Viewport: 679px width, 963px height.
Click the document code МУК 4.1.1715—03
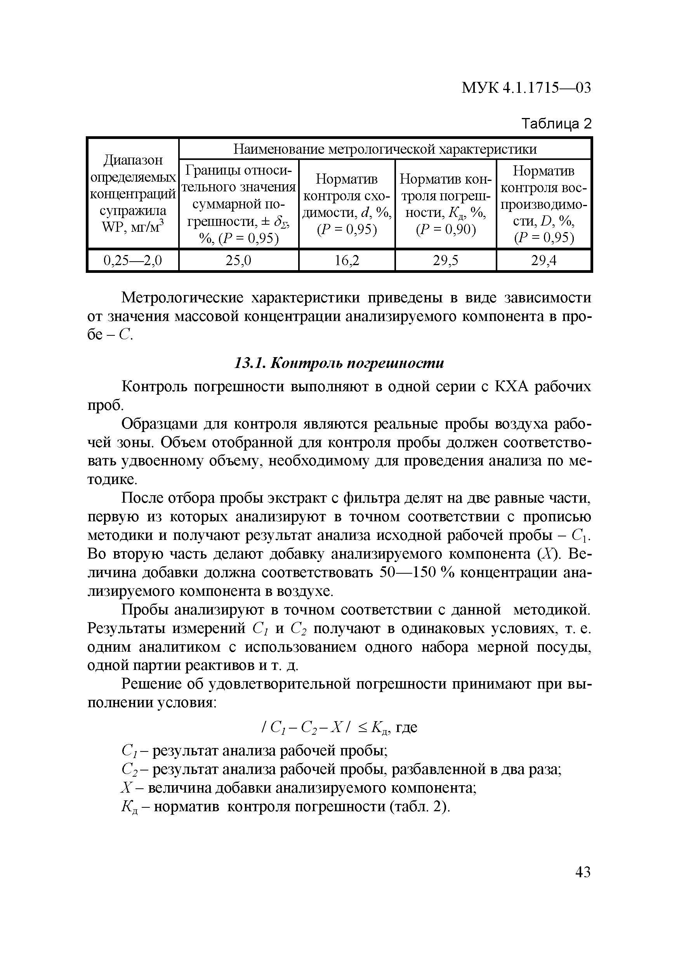526,88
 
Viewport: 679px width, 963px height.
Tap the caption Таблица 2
556,124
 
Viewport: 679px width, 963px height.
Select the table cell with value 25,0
238,261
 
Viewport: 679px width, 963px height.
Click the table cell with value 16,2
346,261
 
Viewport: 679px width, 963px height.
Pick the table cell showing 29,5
445,261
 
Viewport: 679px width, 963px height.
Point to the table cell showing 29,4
544,261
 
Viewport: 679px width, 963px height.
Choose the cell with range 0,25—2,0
132,261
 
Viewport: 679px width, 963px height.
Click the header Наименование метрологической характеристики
385,149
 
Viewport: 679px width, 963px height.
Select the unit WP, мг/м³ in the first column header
132,227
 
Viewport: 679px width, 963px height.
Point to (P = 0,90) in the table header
445,230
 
